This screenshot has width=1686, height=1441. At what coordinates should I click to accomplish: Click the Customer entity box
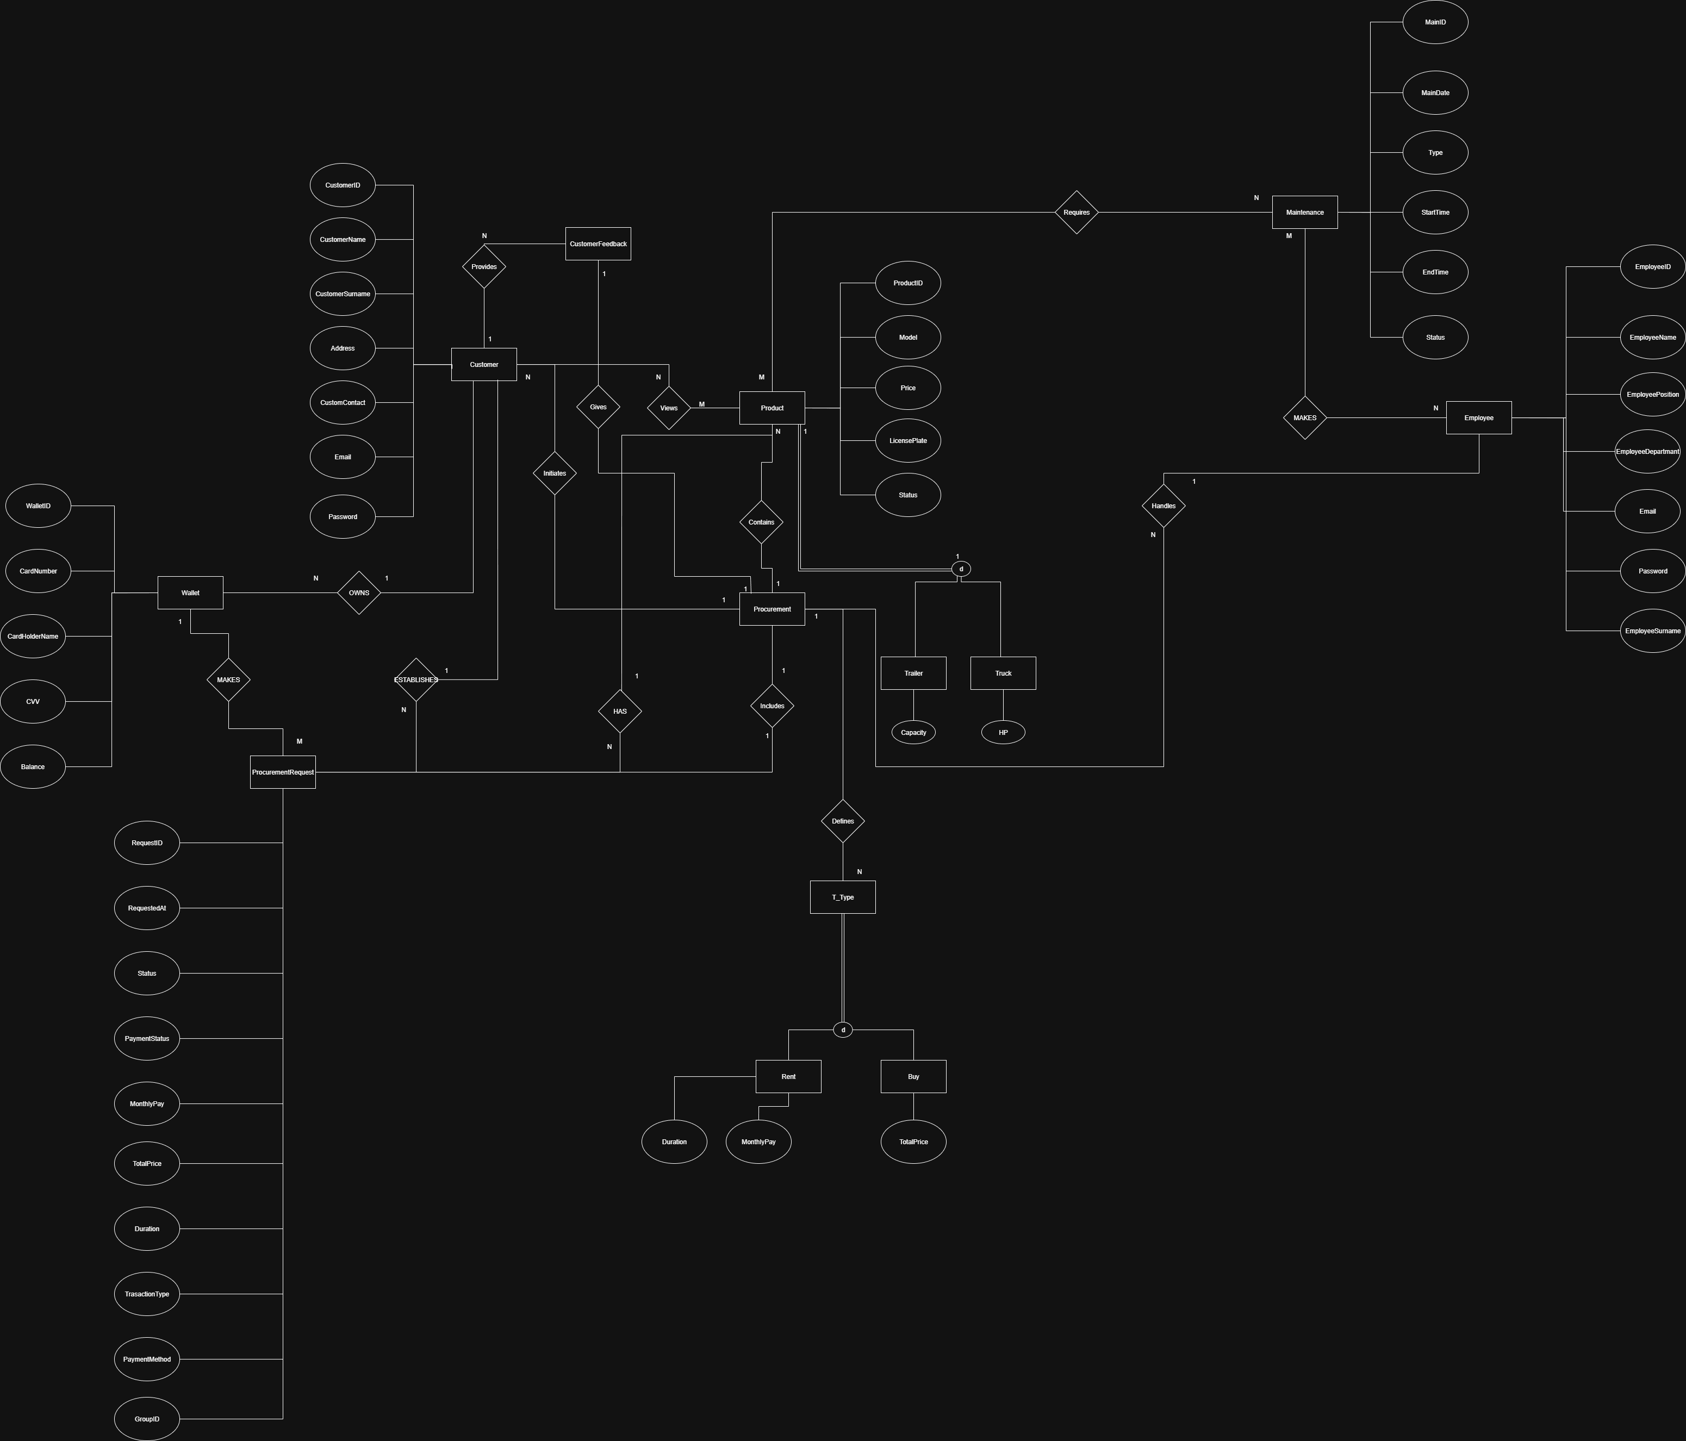point(483,365)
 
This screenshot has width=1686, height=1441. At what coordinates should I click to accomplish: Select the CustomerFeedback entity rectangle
point(598,244)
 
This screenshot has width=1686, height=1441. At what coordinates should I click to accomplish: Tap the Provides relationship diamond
point(483,267)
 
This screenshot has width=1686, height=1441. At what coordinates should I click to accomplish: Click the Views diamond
point(668,408)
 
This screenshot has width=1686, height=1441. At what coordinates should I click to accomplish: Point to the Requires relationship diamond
point(1076,213)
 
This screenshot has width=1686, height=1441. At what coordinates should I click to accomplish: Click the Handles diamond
point(1163,506)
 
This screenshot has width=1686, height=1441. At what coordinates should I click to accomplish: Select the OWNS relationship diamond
point(359,593)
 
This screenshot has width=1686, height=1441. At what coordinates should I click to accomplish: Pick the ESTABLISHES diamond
point(416,679)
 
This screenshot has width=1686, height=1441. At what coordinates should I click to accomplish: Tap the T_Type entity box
point(842,897)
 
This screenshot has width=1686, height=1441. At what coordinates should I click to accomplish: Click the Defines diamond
point(842,821)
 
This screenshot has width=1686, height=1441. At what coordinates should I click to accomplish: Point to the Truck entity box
point(1003,673)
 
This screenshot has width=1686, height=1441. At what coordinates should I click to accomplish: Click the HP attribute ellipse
point(1003,732)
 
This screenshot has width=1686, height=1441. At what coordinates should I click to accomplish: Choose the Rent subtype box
point(788,1076)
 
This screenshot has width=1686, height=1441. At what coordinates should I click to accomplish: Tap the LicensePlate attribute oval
point(907,441)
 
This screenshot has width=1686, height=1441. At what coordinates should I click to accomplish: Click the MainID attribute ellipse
point(1435,22)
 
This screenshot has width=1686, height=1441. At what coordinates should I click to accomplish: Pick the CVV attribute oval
point(33,701)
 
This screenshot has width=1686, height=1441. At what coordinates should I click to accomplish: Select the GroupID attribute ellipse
point(146,1419)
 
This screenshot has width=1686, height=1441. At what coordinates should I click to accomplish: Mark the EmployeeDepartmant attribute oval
point(1647,452)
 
